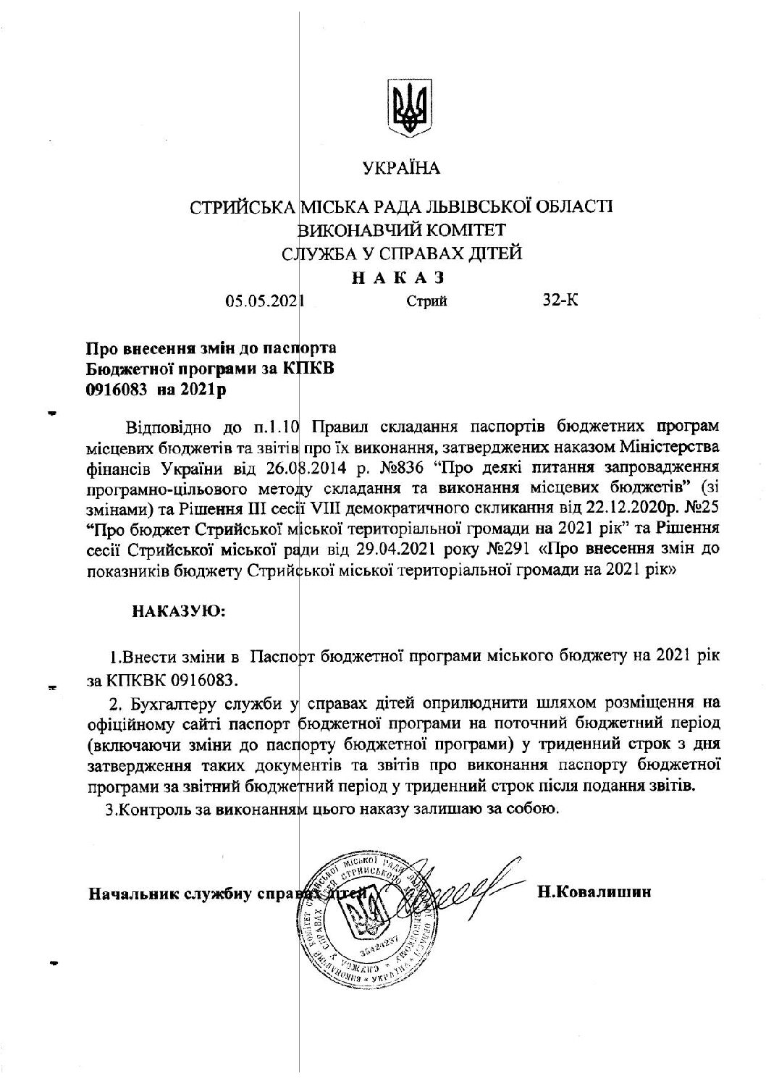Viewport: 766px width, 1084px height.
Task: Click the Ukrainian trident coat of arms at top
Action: pos(411,109)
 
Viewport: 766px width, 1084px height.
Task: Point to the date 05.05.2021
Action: pos(265,301)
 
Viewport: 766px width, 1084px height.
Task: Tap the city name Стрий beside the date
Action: pos(426,301)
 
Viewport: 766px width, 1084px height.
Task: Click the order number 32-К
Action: pos(560,300)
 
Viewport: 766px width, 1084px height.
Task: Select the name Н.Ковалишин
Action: pos(594,892)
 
